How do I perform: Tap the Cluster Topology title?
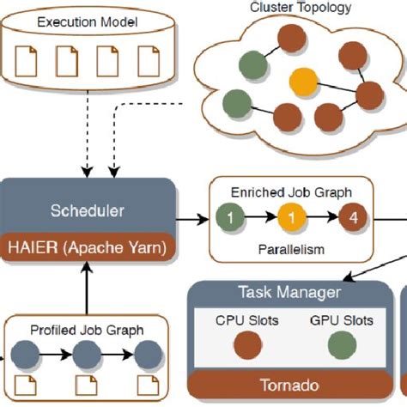289,8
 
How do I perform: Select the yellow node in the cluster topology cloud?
302,82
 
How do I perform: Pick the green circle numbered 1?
229,218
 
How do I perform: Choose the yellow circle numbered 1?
293,218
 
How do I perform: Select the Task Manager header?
289,292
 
